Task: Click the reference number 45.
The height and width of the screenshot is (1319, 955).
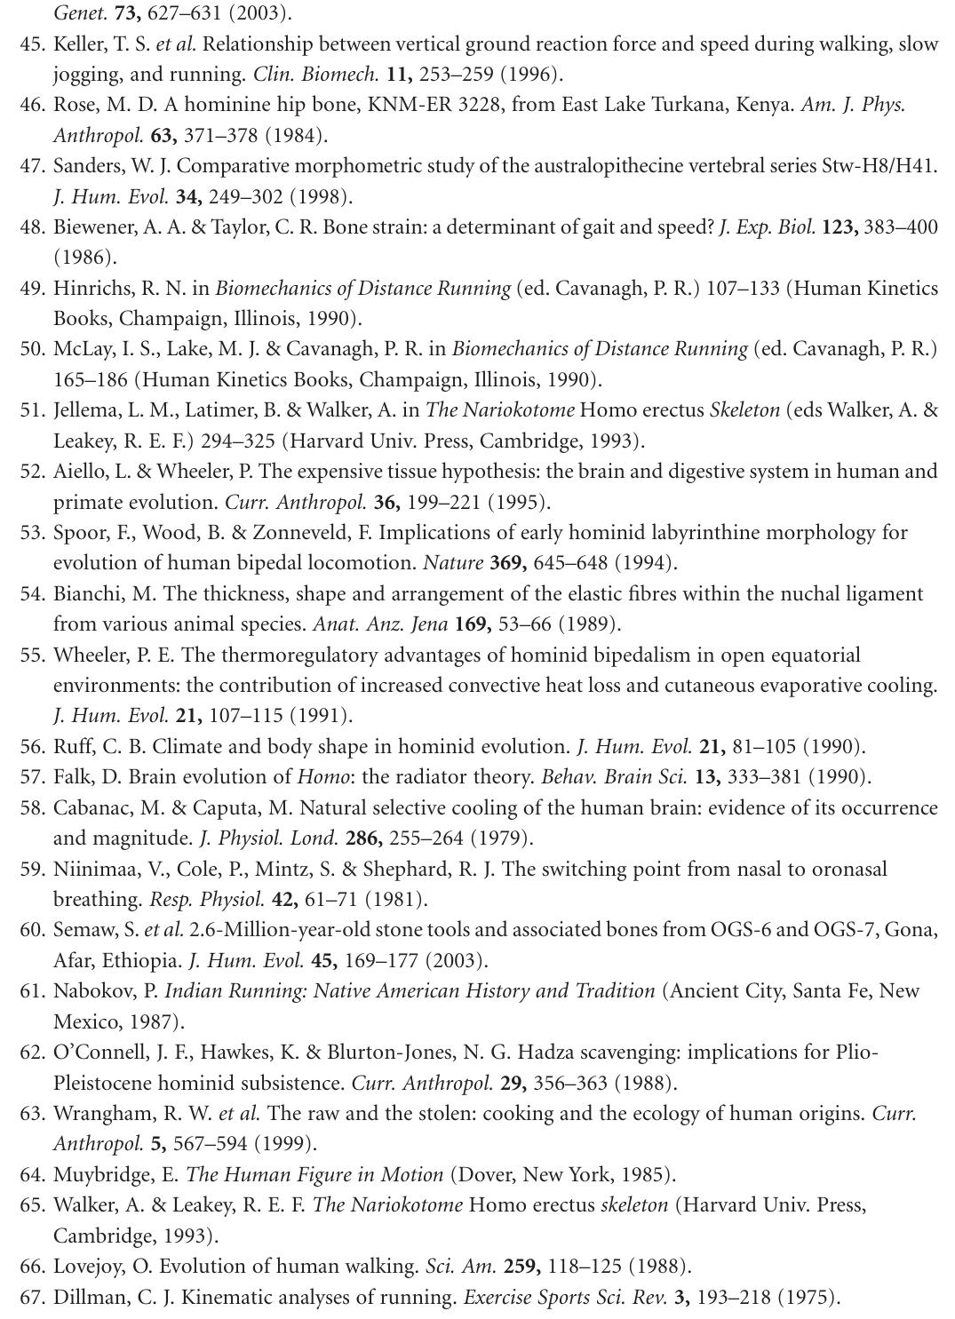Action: click(x=32, y=44)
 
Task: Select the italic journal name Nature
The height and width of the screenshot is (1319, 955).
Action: click(x=453, y=563)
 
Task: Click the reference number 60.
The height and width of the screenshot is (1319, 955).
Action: click(x=32, y=930)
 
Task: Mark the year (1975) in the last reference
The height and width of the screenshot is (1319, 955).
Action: click(x=808, y=1298)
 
